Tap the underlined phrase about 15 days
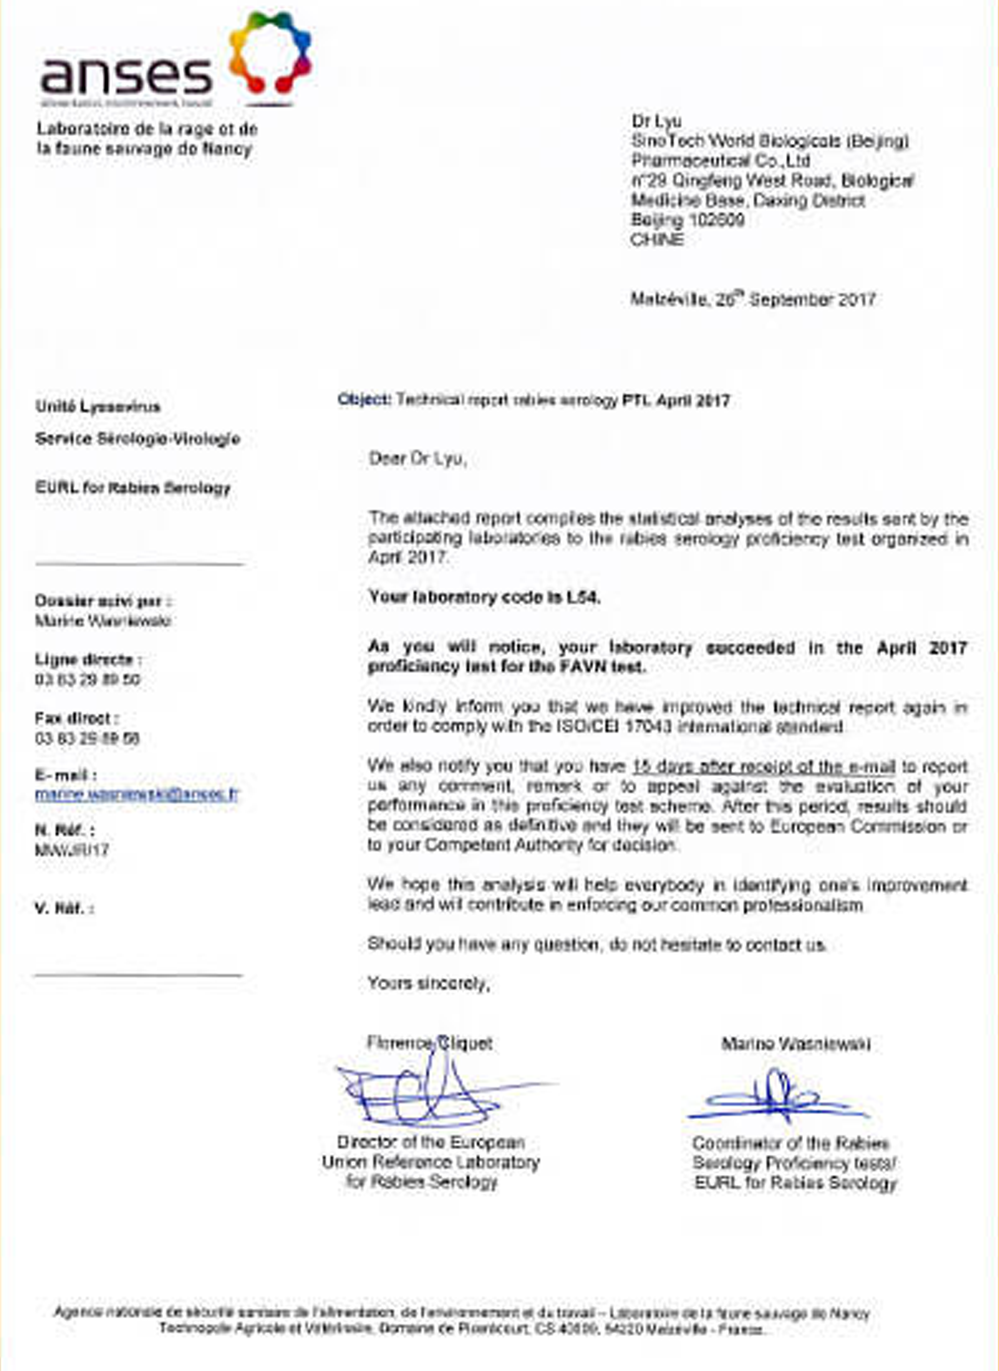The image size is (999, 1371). point(763,767)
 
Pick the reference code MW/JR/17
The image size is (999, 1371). point(71,850)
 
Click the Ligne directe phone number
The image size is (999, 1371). point(87,680)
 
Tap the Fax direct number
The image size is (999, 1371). point(87,738)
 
